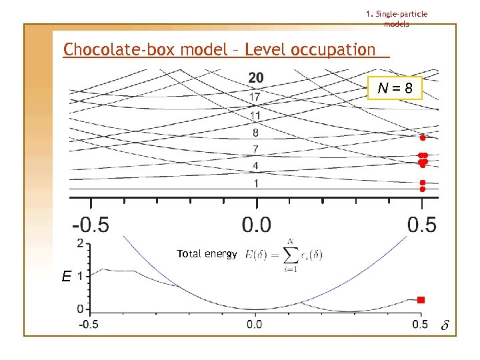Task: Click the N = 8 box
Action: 395,87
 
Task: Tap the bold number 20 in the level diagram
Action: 255,78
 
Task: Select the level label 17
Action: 255,97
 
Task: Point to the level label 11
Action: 255,115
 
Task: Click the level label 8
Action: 255,133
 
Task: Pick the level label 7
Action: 255,149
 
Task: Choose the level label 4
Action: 255,165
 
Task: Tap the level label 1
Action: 255,183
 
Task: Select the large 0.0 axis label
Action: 256,224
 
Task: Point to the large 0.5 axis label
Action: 421,224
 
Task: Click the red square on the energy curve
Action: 421,300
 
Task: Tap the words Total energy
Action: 207,254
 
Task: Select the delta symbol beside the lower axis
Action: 445,326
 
